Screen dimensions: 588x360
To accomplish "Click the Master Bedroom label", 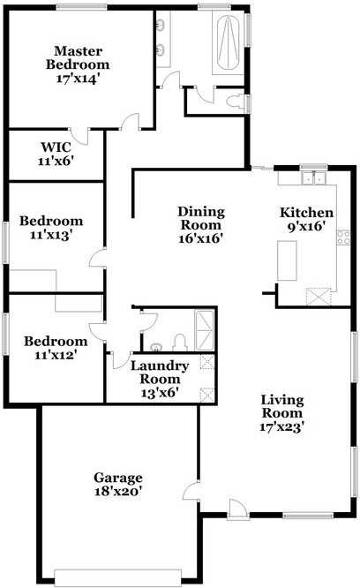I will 79,57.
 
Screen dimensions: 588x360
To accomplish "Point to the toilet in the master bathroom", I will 236,103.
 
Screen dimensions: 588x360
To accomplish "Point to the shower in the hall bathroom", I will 205,330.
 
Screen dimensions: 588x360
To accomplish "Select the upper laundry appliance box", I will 206,361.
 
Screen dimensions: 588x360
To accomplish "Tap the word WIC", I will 55,147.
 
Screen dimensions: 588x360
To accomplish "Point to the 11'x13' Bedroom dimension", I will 51,235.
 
